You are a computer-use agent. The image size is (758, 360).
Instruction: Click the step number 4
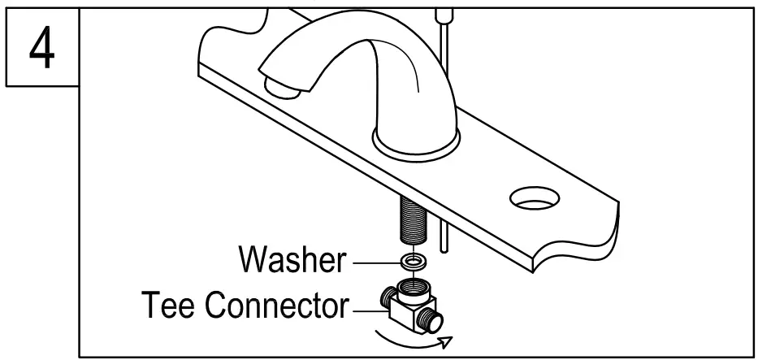point(40,48)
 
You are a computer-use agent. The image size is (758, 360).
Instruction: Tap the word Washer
point(291,260)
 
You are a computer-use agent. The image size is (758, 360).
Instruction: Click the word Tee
point(169,306)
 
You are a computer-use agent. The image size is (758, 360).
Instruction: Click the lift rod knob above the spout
point(442,13)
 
